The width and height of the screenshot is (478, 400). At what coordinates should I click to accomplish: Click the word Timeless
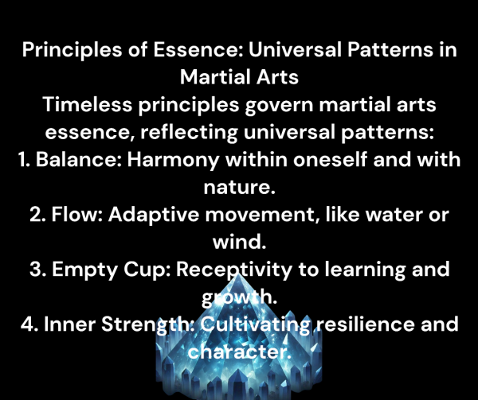click(x=87, y=105)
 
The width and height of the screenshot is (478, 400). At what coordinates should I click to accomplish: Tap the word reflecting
click(x=189, y=133)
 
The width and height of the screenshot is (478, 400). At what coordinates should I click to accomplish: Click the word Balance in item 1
click(x=79, y=159)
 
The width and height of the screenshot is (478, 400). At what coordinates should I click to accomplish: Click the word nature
click(x=239, y=188)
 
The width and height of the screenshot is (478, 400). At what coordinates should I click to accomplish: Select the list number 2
click(x=37, y=215)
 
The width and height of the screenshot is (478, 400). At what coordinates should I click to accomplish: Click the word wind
click(x=239, y=242)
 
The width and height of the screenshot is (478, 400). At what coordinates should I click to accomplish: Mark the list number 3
click(x=37, y=270)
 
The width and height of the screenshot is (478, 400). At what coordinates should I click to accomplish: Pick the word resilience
click(x=365, y=324)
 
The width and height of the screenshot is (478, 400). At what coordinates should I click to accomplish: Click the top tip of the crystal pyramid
click(x=238, y=273)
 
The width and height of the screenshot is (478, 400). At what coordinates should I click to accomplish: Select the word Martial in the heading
click(x=214, y=77)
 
